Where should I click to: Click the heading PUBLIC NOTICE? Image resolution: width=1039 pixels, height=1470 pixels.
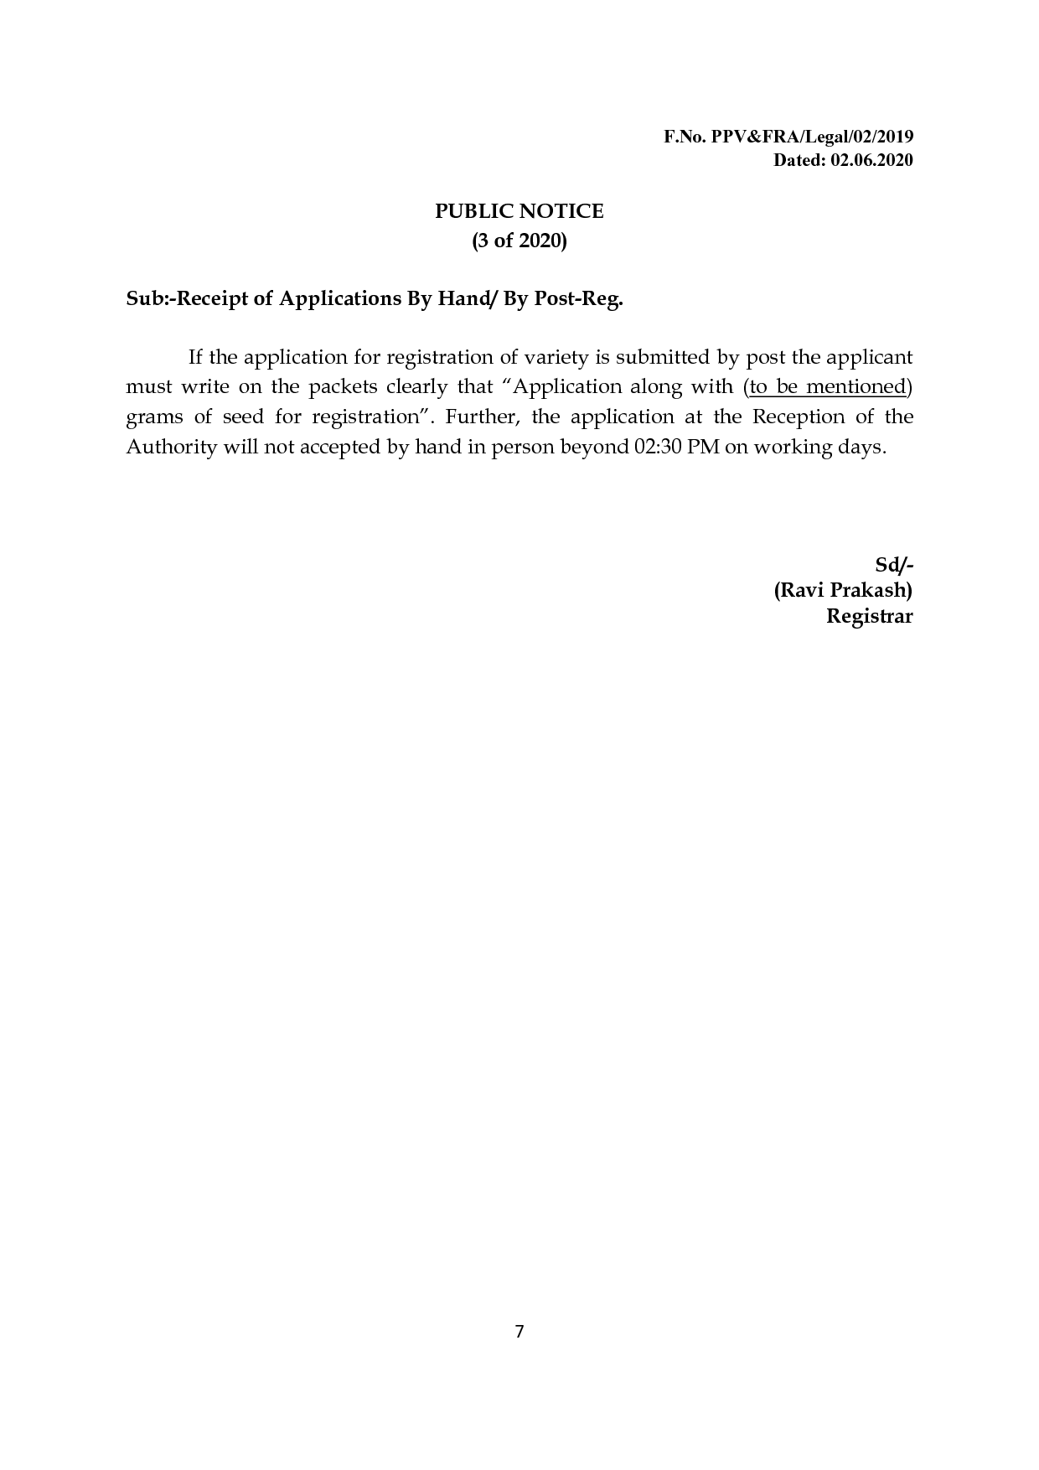click(519, 211)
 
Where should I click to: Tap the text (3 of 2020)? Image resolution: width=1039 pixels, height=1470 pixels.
click(519, 241)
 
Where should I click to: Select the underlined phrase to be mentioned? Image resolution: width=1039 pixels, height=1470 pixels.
click(828, 386)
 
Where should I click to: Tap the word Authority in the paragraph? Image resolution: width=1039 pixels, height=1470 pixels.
click(171, 447)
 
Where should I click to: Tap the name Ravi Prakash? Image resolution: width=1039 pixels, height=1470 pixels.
click(842, 590)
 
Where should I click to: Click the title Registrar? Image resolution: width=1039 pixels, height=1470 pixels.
click(869, 616)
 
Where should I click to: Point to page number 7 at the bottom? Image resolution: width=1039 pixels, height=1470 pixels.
click(519, 1332)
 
